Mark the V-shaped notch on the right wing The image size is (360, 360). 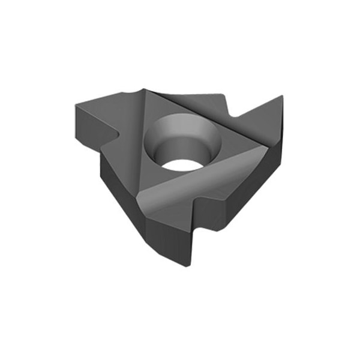tap(236, 117)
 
